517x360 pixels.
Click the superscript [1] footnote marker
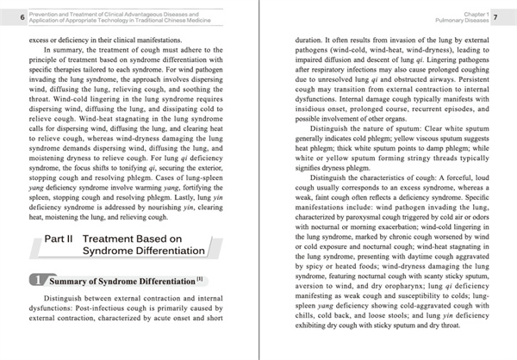click(x=198, y=278)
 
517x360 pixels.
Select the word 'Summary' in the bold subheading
click(x=72, y=281)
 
